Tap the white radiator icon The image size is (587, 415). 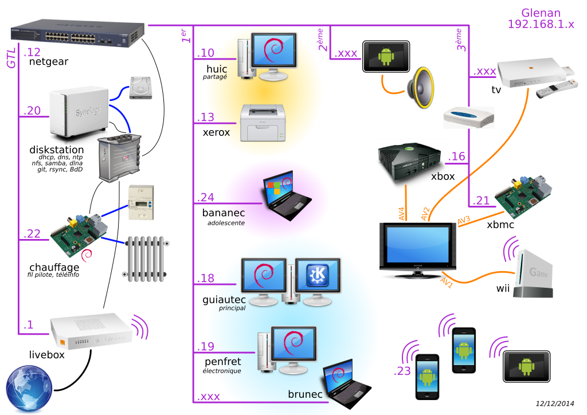click(x=146, y=258)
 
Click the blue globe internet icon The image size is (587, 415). click(x=28, y=390)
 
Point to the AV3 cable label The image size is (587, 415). click(x=464, y=220)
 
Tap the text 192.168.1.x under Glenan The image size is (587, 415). click(x=541, y=24)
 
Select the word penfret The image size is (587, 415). click(x=222, y=362)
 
